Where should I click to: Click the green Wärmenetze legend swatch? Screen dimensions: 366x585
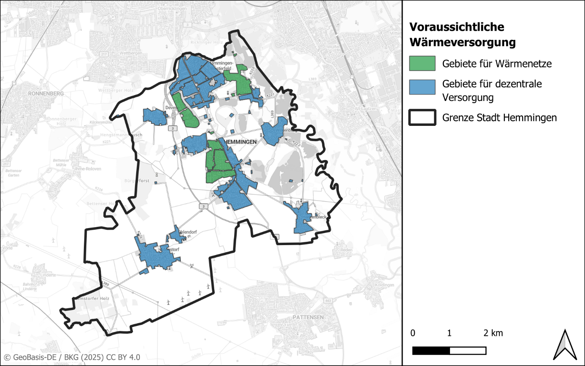422,64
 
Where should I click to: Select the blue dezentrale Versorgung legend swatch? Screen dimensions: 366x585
422,87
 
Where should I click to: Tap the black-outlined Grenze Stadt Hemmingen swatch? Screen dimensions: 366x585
422,118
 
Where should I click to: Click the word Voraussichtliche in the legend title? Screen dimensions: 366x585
457,27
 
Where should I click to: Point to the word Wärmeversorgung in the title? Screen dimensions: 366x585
463,42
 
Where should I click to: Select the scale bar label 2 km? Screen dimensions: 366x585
493,333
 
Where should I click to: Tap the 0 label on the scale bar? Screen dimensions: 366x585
413,333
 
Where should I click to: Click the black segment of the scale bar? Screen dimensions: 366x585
431,351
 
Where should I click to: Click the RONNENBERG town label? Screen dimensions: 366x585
46,93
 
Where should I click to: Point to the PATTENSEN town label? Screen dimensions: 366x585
308,317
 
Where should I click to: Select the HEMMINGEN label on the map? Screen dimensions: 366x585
240,142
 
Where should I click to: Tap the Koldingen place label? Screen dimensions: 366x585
384,285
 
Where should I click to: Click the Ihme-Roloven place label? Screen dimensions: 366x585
88,169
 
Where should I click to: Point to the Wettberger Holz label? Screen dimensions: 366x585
116,90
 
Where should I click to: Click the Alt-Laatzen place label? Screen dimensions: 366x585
365,109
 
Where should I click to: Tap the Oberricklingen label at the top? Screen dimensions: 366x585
172,8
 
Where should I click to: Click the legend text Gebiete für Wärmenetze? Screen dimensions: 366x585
497,64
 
